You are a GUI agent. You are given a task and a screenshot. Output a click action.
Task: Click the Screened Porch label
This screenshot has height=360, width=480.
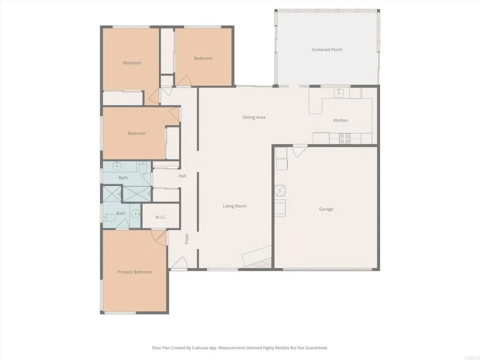pos(327,50)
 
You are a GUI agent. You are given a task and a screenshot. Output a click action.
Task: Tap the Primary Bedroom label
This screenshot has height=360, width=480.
pos(134,272)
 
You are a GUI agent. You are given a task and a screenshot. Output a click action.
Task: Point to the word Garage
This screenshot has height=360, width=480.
pos(326,209)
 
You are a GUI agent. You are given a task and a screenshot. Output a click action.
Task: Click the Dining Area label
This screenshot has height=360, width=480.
pos(254,117)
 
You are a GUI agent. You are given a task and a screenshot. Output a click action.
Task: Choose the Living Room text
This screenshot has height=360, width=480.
pos(234,206)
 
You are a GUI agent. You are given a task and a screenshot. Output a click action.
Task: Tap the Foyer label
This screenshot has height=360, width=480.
pos(187,238)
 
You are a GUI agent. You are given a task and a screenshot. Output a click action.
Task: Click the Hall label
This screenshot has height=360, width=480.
pos(182,176)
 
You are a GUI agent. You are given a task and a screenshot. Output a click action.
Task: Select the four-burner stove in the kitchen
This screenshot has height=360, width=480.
pos(345,138)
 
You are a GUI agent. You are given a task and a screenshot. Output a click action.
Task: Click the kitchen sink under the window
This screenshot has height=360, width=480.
pos(338,93)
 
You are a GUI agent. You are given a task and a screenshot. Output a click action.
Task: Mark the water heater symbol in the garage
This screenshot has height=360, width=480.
pos(280,191)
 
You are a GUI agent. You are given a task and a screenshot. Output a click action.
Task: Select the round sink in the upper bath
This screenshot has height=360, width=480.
pos(117,166)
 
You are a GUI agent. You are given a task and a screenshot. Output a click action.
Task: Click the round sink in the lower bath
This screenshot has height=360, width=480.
pos(135,214)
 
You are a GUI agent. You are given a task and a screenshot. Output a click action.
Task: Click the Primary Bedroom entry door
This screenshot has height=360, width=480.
pos(159,236)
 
